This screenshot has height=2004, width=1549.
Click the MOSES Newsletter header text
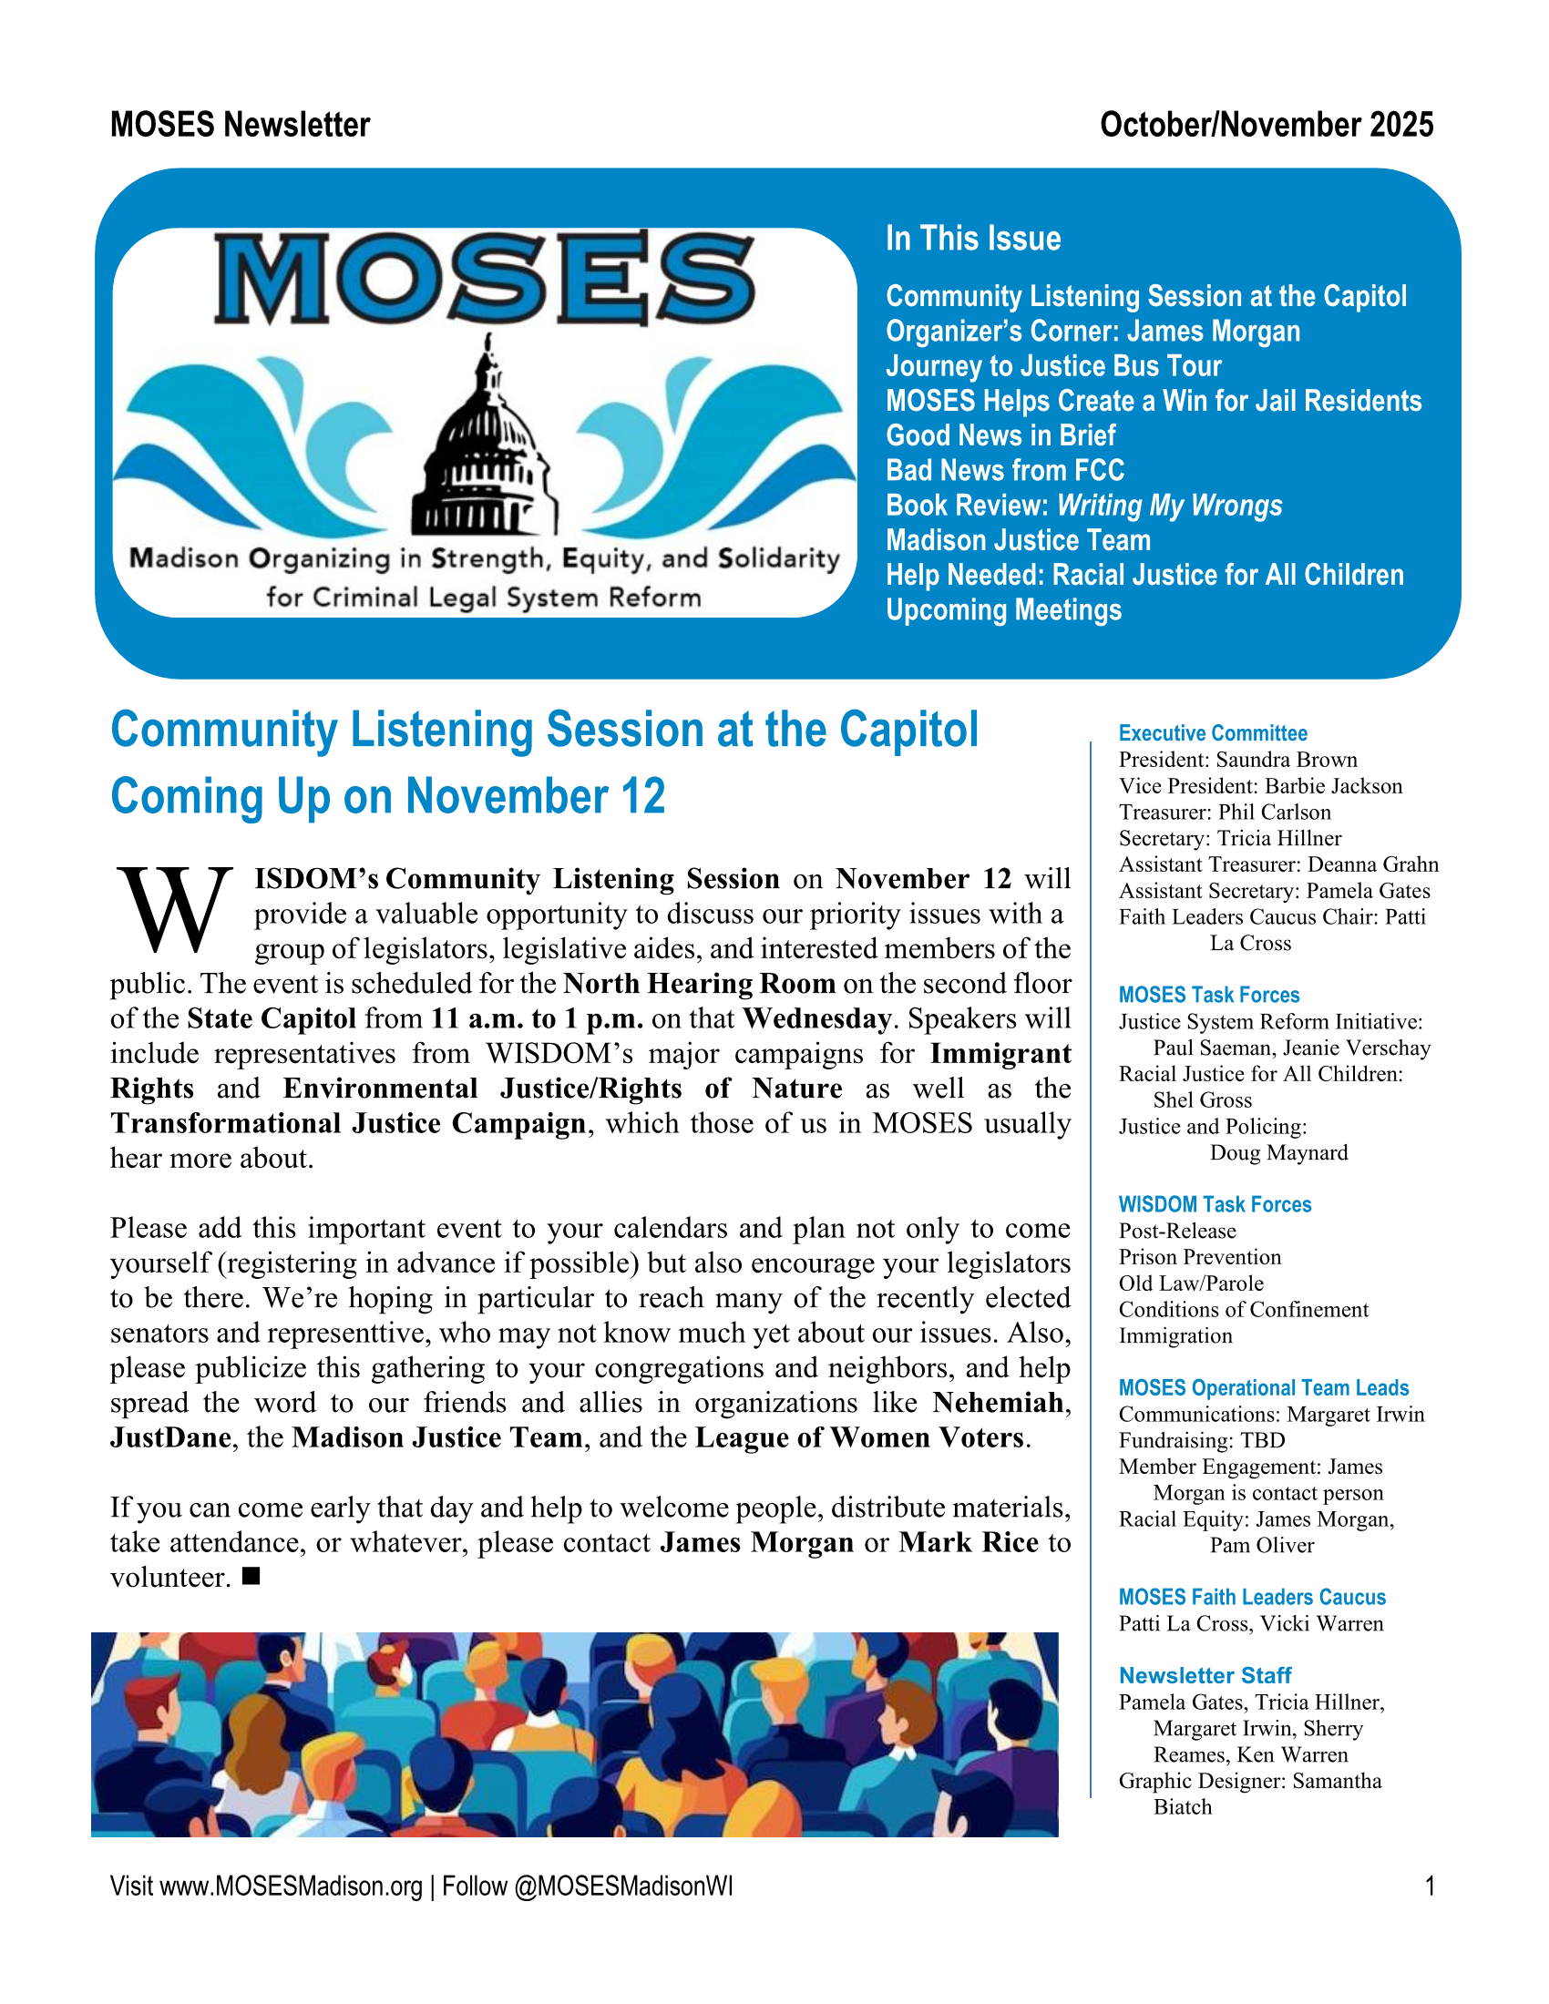(x=240, y=125)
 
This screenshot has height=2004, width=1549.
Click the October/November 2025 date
(x=1266, y=125)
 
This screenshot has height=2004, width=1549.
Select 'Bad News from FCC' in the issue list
(x=1004, y=471)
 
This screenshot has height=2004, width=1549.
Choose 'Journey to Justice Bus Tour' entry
(x=1052, y=366)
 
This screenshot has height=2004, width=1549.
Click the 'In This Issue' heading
(x=973, y=239)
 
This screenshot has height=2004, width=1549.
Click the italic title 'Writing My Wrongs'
(x=1169, y=506)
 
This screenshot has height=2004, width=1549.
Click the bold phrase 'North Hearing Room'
(x=698, y=984)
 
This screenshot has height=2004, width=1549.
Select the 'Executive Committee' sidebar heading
(x=1212, y=733)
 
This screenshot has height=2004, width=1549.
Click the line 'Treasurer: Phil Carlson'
(x=1224, y=812)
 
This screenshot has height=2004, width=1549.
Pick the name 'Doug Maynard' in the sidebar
(x=1278, y=1152)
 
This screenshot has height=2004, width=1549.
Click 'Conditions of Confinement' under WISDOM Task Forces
(x=1243, y=1309)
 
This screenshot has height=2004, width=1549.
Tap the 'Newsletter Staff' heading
(x=1204, y=1675)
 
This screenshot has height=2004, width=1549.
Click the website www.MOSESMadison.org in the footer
(x=291, y=1886)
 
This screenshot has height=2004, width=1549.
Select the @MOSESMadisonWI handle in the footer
(x=623, y=1886)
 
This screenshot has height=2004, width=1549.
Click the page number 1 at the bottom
(x=1429, y=1886)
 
